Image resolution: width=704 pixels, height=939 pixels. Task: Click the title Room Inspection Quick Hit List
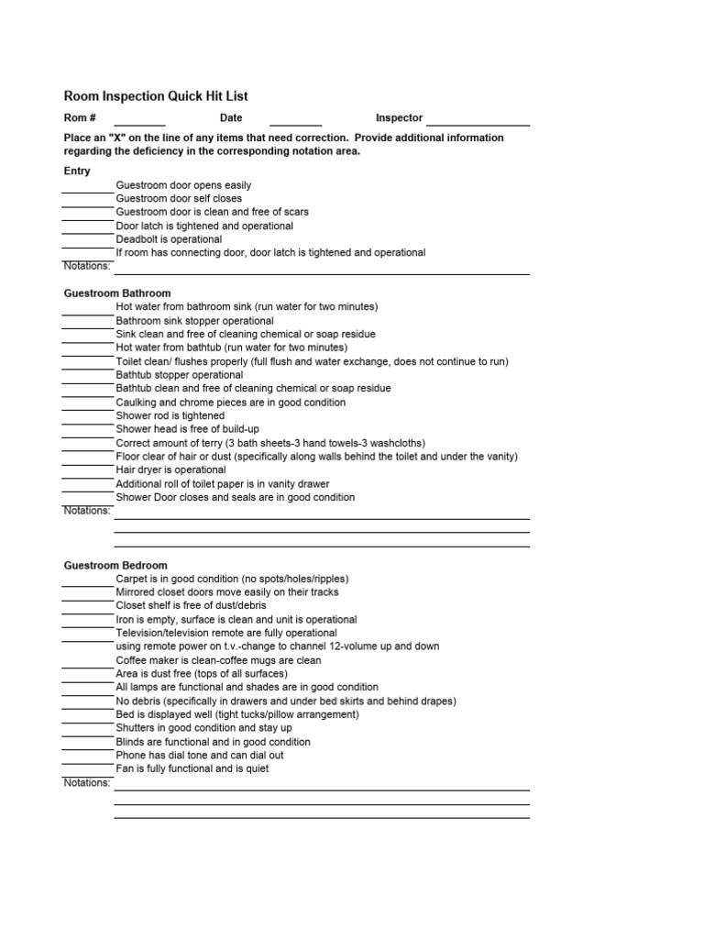coord(155,95)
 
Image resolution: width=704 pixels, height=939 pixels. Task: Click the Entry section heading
coord(77,171)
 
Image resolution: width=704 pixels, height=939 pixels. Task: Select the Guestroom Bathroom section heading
coord(117,293)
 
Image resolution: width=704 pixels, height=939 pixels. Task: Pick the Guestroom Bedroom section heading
coord(115,566)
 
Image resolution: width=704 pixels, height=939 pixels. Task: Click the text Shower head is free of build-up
coord(189,429)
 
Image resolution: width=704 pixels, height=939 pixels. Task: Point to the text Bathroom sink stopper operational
coord(194,321)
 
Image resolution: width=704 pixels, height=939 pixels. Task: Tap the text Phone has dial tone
coord(200,756)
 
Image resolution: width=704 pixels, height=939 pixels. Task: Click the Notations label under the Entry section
coord(87,266)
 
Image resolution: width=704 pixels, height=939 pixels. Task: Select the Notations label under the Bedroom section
coord(87,783)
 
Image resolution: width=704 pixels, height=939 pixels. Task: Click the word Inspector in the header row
coord(399,118)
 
